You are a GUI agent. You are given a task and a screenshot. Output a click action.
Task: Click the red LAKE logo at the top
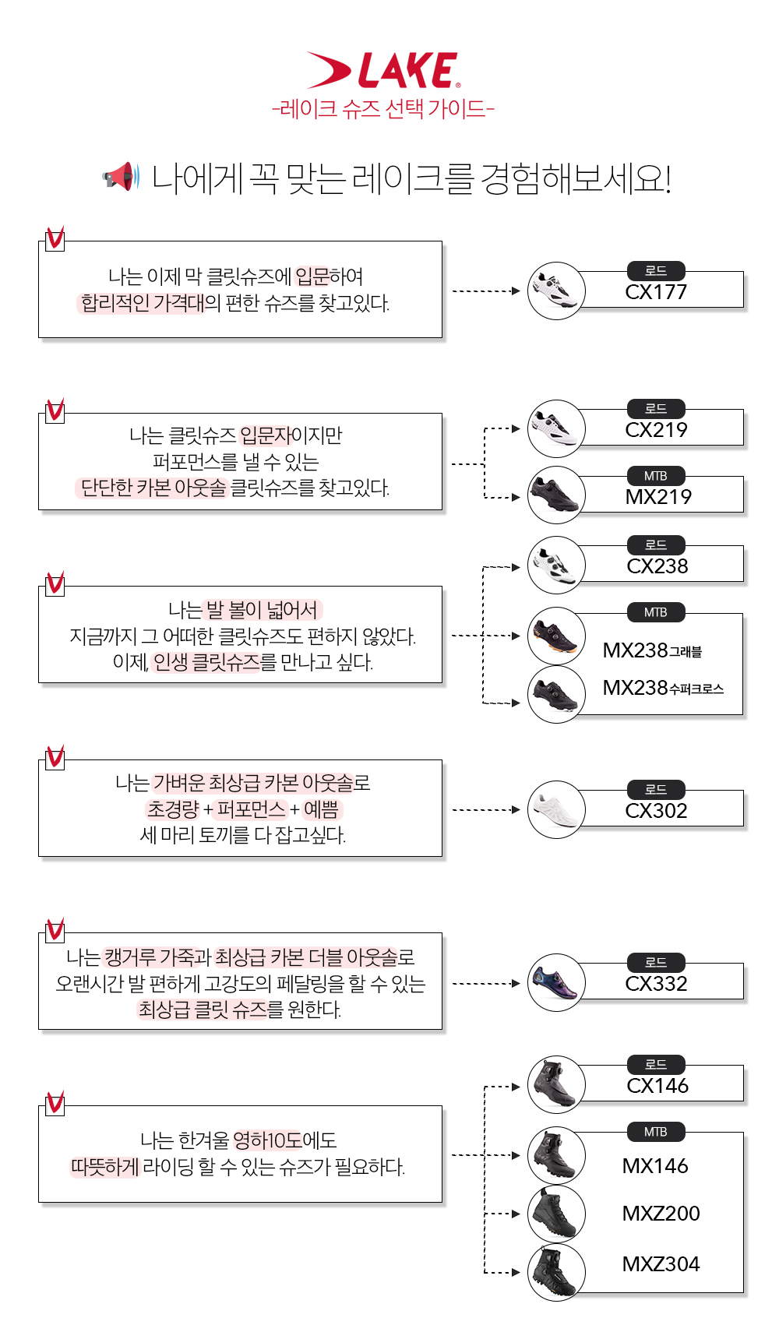[382, 70]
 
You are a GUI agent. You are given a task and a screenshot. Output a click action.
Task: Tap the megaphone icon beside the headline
[121, 176]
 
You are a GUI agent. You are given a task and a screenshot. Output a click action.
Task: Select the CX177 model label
[656, 291]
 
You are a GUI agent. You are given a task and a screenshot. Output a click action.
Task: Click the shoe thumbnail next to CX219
[556, 428]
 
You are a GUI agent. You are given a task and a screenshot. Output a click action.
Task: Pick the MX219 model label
[658, 497]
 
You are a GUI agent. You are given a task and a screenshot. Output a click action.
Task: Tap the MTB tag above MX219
[656, 476]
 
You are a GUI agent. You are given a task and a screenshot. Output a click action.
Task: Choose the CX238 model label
[657, 566]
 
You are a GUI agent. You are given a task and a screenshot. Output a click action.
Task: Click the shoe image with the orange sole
[556, 636]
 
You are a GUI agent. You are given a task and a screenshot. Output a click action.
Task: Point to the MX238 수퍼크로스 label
[663, 688]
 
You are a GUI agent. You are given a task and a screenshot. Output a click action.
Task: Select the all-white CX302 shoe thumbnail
[556, 809]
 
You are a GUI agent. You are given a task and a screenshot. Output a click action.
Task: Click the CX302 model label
[657, 810]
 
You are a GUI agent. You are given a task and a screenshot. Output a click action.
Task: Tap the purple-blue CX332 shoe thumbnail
[556, 982]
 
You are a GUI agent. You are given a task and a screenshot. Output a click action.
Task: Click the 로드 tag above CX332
[656, 963]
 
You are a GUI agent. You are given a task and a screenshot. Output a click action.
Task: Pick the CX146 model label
[657, 1085]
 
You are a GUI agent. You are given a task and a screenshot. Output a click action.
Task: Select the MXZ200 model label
[661, 1213]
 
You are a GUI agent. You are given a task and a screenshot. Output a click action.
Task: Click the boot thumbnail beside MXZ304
[556, 1272]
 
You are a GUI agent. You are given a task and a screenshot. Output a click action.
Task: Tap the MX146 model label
[655, 1166]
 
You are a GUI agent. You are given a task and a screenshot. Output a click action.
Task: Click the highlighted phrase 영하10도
[267, 1140]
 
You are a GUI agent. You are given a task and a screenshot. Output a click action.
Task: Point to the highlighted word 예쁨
[322, 809]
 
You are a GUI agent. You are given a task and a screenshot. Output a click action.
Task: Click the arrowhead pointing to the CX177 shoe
[516, 291]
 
